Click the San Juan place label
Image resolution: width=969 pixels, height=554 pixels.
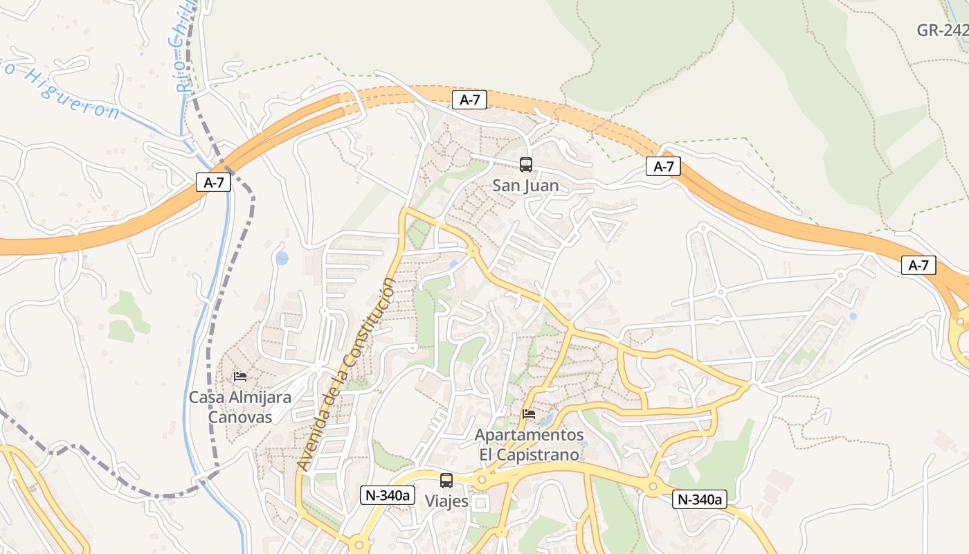pyautogui.click(x=525, y=186)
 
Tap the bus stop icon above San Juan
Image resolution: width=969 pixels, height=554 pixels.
pyautogui.click(x=526, y=165)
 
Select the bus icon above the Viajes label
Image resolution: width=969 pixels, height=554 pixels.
pyautogui.click(x=446, y=480)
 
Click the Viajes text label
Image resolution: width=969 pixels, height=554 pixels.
pyautogui.click(x=446, y=501)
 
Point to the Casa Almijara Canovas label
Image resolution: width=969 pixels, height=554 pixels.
pyautogui.click(x=239, y=407)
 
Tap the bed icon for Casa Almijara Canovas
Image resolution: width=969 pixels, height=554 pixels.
pyautogui.click(x=240, y=377)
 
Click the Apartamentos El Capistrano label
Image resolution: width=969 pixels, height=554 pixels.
pyautogui.click(x=529, y=445)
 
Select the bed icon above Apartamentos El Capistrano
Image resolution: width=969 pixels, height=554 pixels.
pyautogui.click(x=529, y=414)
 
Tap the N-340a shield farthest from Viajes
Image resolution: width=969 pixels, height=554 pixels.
pyautogui.click(x=700, y=499)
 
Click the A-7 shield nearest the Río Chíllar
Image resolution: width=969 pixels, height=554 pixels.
pyautogui.click(x=214, y=182)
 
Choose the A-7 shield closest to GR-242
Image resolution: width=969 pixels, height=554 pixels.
pyautogui.click(x=918, y=265)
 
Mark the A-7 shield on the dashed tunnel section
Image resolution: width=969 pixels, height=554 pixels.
pyautogui.click(x=469, y=100)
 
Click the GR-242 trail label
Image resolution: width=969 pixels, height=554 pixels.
pyautogui.click(x=942, y=30)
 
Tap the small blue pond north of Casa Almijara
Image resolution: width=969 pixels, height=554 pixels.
pyautogui.click(x=282, y=258)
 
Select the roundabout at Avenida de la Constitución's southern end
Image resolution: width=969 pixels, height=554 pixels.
pyautogui.click(x=358, y=546)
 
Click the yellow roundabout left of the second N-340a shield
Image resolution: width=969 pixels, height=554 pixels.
pyautogui.click(x=652, y=488)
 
